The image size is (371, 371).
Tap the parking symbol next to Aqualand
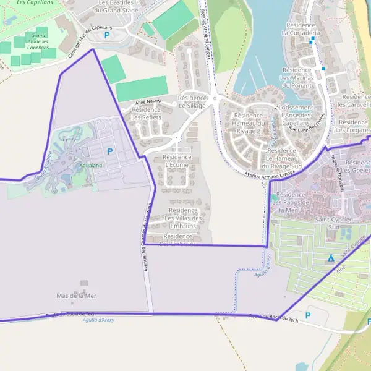pyautogui.click(x=110, y=151)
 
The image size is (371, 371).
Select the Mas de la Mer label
pyautogui.click(x=77, y=296)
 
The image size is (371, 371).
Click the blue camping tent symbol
pyautogui.click(x=331, y=257)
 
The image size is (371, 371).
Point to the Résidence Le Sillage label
pyautogui.click(x=192, y=102)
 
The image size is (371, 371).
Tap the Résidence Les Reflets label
pyautogui.click(x=147, y=113)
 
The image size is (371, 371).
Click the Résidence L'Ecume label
pyautogui.click(x=177, y=161)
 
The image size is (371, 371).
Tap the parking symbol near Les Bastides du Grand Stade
pyautogui.click(x=108, y=36)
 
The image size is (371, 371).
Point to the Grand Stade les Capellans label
pyautogui.click(x=38, y=41)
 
